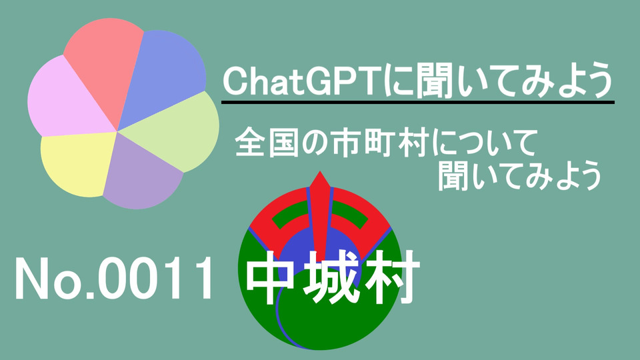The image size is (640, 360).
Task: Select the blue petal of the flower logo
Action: (163, 73)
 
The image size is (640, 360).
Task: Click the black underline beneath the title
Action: (418, 102)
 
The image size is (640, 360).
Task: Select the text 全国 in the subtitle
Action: (266, 143)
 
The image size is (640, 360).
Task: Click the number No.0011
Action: (114, 279)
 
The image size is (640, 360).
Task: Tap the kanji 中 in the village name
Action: (270, 277)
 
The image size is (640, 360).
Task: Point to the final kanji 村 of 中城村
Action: (393, 277)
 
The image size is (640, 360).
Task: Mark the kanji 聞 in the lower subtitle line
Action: (454, 176)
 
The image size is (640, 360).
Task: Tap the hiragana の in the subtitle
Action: (315, 143)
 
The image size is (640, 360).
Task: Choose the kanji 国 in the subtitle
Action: (282, 143)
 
